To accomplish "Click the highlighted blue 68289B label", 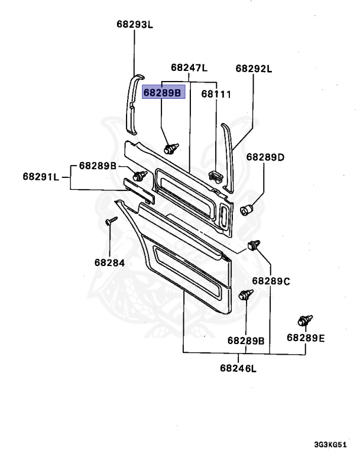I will click(164, 93).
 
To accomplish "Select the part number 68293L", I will click(134, 25).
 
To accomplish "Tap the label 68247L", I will click(189, 68).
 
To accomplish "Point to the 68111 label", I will click(216, 94).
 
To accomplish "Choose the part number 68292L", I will click(254, 68).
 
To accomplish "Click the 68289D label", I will click(265, 157).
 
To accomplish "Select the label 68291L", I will click(41, 176).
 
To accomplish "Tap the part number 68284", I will click(109, 262).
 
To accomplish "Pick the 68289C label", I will click(271, 281).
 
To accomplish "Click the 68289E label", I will click(306, 338).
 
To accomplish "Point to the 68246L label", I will click(239, 369).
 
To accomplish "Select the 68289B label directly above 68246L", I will click(246, 340).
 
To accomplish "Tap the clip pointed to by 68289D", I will click(247, 208).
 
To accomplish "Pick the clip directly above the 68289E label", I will click(304, 322).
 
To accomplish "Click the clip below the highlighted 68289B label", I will click(171, 148).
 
